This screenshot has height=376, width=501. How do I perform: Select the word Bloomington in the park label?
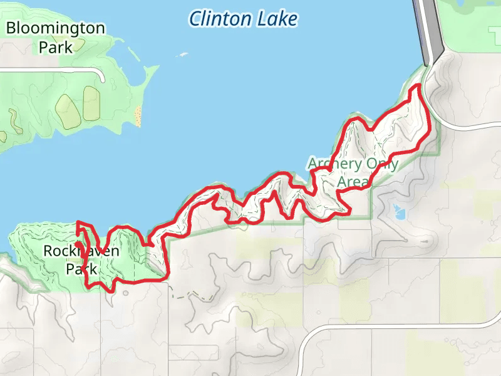55,28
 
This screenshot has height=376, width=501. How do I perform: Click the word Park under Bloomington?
55,47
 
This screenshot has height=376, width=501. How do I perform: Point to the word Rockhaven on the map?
81,252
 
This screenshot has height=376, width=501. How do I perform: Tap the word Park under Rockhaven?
82,269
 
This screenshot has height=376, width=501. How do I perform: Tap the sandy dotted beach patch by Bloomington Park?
138,115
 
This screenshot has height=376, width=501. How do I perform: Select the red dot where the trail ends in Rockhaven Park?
77,244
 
